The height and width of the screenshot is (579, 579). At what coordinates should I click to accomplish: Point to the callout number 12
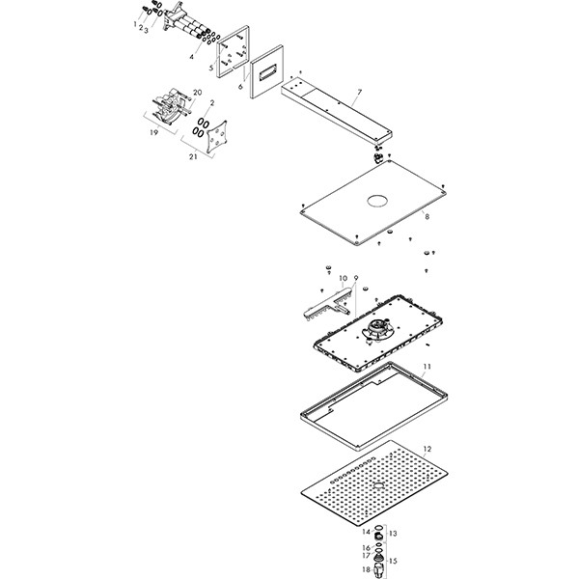tap(427, 450)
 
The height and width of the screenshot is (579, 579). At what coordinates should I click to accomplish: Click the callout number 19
tap(153, 133)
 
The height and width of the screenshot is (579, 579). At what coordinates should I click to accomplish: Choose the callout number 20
tap(197, 93)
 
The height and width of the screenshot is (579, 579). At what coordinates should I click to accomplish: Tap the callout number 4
tap(191, 57)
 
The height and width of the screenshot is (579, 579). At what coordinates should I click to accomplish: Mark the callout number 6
tap(240, 87)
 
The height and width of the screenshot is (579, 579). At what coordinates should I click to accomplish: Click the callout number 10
tap(343, 279)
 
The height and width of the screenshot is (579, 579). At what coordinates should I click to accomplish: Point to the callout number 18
tap(366, 570)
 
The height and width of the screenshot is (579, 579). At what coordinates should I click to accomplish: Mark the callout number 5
tap(210, 69)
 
